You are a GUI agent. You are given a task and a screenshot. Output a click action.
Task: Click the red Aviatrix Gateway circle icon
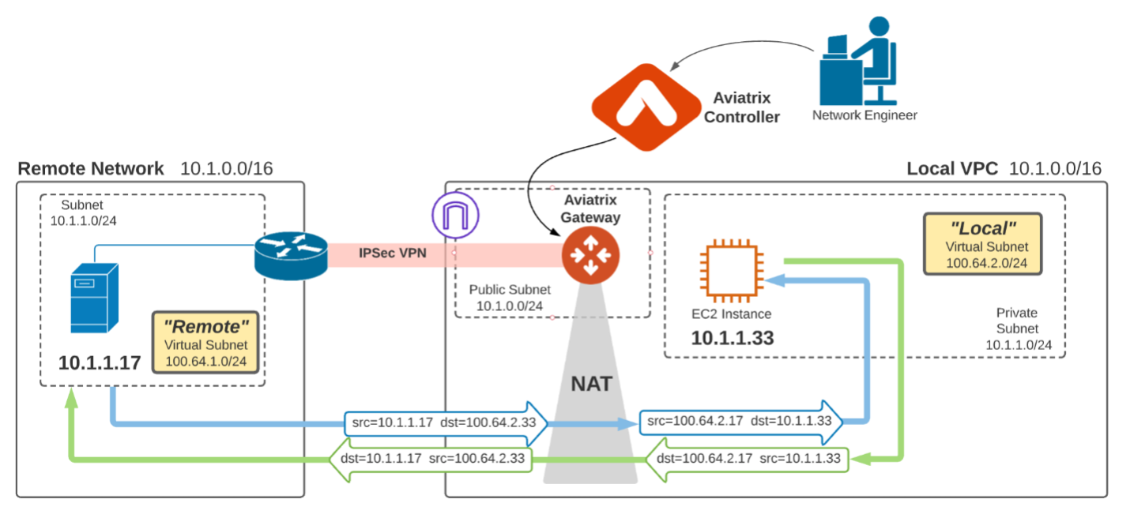(x=590, y=254)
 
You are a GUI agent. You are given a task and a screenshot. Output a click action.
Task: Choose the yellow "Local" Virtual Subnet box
(x=982, y=242)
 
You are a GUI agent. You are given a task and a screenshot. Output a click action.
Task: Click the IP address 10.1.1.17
(x=100, y=362)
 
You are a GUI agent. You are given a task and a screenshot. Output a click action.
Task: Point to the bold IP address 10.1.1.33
(x=733, y=338)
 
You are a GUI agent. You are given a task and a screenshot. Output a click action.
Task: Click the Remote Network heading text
(x=91, y=168)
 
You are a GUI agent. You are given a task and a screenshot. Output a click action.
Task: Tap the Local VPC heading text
(x=952, y=168)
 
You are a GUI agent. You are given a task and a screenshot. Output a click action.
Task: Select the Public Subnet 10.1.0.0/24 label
(x=510, y=298)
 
